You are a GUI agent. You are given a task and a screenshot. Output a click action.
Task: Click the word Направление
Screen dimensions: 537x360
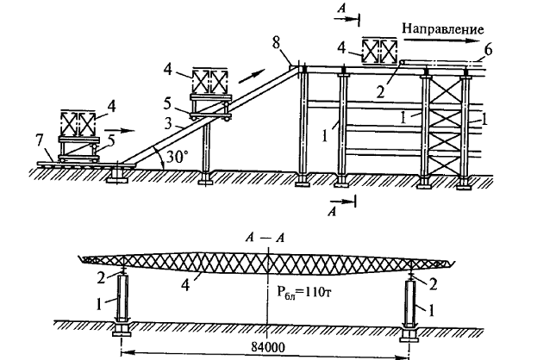[442, 29]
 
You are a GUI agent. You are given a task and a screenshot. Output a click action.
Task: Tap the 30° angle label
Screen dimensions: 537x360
[178, 157]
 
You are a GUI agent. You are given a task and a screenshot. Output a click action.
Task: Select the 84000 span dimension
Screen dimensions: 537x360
[268, 347]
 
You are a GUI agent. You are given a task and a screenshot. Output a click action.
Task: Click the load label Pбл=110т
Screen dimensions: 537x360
[303, 293]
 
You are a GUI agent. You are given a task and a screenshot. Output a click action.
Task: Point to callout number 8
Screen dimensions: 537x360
[277, 44]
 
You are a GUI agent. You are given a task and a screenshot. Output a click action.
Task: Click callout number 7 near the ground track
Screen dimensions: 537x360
[41, 140]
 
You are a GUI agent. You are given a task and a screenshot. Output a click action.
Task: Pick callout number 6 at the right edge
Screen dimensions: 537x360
[488, 50]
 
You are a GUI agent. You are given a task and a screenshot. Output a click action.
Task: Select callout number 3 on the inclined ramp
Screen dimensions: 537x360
[167, 124]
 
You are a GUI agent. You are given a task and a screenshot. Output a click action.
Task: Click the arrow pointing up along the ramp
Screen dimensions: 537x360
[252, 76]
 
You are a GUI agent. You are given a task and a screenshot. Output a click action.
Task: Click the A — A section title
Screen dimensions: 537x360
[265, 238]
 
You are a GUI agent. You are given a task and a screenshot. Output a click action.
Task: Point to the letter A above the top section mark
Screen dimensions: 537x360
[341, 8]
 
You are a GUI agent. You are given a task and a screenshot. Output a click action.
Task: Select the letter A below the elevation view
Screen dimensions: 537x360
[332, 212]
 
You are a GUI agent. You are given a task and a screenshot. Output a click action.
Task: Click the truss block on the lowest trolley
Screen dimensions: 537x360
[78, 123]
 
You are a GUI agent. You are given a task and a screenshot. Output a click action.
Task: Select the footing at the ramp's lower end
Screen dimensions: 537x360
[117, 176]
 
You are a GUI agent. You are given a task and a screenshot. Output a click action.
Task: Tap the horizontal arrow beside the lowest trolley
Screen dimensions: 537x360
[119, 131]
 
